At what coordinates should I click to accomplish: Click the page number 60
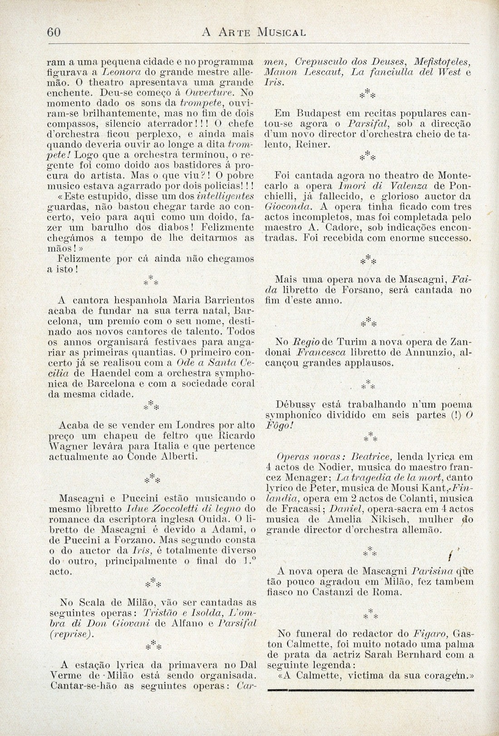coord(54,32)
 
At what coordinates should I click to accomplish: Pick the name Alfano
coord(162,624)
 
